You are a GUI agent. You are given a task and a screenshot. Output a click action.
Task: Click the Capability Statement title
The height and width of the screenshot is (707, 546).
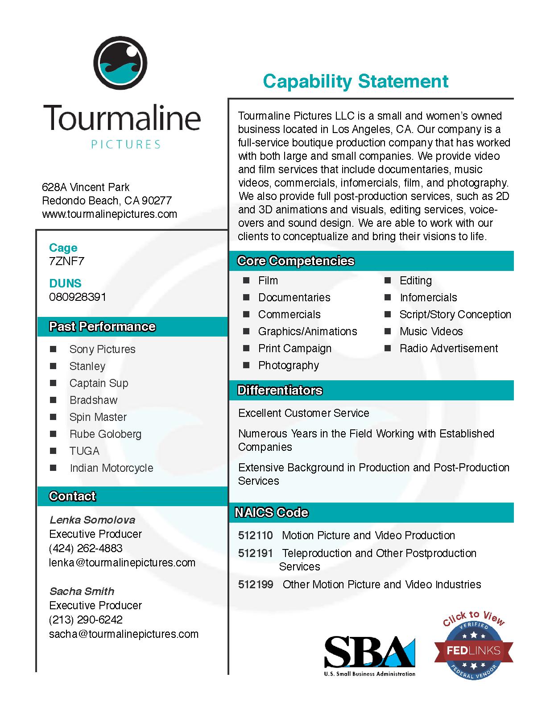click(x=356, y=81)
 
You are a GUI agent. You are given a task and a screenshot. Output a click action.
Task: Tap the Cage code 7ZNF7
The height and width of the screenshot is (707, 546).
click(x=66, y=261)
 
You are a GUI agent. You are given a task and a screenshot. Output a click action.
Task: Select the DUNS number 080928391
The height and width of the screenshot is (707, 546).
click(x=78, y=297)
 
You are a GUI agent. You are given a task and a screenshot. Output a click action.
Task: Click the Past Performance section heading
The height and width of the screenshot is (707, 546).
click(x=102, y=327)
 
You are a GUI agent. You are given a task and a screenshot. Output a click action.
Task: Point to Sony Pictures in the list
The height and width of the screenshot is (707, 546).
click(x=102, y=349)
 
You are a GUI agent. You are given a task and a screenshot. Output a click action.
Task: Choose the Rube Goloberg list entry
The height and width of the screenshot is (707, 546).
click(x=105, y=434)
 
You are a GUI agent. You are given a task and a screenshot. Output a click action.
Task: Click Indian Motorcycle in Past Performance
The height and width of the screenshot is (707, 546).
click(x=111, y=468)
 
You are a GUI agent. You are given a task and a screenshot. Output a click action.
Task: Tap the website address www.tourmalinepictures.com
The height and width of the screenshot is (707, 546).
click(x=109, y=214)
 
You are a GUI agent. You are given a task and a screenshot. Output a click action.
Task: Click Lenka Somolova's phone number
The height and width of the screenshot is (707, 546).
click(x=86, y=548)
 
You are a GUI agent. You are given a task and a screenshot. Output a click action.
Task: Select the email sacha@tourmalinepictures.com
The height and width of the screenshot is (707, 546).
click(x=124, y=634)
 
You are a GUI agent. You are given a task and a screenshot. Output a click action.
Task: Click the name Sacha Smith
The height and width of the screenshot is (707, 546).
click(x=82, y=591)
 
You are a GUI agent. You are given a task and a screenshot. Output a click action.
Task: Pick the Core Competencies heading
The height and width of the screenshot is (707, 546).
click(x=296, y=261)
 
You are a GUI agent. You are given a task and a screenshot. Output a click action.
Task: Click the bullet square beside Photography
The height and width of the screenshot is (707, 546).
click(x=246, y=365)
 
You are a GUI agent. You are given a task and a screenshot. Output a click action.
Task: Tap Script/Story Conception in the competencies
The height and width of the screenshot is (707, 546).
click(x=455, y=314)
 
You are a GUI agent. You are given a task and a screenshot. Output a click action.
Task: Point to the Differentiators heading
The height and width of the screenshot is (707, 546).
click(x=280, y=391)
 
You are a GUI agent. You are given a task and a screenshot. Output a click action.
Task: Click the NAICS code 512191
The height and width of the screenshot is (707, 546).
click(x=255, y=553)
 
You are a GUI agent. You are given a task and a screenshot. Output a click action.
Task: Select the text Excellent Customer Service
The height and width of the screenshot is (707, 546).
click(x=303, y=413)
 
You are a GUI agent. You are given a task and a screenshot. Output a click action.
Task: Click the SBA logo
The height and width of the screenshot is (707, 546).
click(x=369, y=655)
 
